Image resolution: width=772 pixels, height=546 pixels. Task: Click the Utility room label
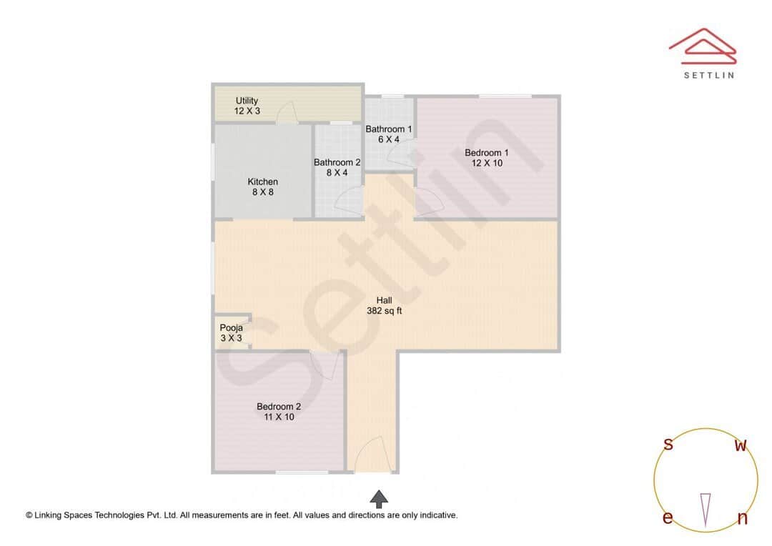tap(247, 106)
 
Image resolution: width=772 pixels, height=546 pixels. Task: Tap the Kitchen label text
tap(262, 187)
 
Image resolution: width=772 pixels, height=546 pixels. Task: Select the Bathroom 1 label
tap(388, 134)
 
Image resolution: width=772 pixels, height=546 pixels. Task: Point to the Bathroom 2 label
tap(337, 167)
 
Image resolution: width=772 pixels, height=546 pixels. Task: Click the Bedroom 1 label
tap(486, 157)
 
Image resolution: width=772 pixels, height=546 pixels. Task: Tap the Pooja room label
tap(231, 333)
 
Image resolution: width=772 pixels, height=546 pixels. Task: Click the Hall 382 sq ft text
tap(384, 305)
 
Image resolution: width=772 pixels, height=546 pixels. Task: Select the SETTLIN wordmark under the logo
tap(708, 75)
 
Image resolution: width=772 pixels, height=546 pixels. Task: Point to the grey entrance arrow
tap(379, 499)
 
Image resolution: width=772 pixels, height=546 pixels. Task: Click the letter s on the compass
tap(668, 445)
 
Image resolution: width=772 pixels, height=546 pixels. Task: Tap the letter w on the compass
tap(741, 446)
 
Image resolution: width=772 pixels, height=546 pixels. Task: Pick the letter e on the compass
tap(667, 518)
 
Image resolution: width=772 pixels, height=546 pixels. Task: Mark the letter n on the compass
tap(742, 519)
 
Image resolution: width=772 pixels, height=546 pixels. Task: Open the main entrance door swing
tap(372, 455)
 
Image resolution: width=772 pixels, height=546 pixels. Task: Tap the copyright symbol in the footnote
tap(29, 515)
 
